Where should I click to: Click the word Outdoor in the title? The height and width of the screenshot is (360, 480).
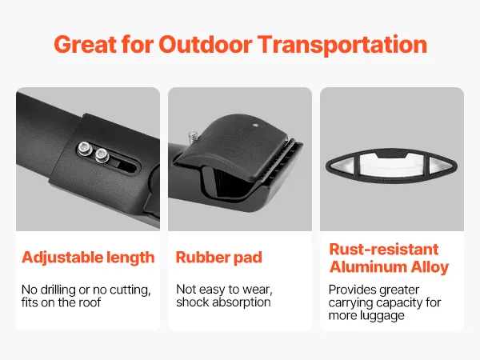(x=205, y=45)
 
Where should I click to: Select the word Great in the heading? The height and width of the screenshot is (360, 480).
(x=86, y=45)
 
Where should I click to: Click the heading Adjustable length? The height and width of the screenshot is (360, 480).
(x=88, y=258)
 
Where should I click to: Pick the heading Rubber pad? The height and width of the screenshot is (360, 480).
(x=219, y=258)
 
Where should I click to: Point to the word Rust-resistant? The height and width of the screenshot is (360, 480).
(x=384, y=249)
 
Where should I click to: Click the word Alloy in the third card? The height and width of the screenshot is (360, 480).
(x=430, y=267)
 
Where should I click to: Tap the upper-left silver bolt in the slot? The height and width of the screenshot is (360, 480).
(x=85, y=149)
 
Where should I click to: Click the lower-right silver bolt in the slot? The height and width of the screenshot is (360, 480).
(x=102, y=155)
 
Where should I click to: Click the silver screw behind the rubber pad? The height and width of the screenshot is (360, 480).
(x=193, y=137)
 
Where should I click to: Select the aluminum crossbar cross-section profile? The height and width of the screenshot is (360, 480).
(x=391, y=166)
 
